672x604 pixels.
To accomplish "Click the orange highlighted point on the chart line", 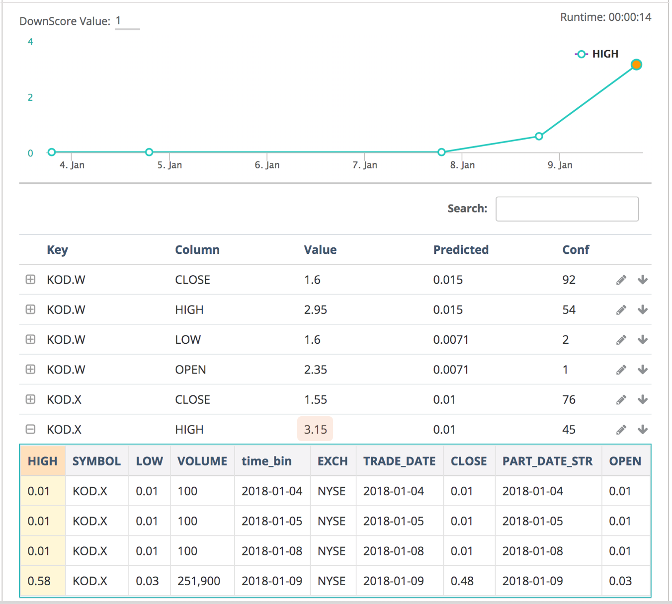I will point(636,65).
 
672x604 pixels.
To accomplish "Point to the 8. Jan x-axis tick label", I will point(462,165).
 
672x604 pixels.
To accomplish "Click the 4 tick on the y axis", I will point(30,42).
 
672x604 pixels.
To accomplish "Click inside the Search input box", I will point(567,209).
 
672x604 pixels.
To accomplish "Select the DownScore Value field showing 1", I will point(127,21).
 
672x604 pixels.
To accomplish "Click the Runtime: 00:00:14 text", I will point(605,17).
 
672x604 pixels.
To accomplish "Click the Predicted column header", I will point(460,250).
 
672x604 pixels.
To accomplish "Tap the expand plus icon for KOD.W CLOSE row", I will point(30,280).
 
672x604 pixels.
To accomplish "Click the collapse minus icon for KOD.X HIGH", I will point(30,429).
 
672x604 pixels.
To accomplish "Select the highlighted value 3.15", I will point(315,429).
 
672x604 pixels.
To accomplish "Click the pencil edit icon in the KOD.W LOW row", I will point(621,340).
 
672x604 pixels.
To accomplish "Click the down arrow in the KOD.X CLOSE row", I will point(643,399).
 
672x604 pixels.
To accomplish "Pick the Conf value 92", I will point(569,280).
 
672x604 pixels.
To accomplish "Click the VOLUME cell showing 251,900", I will point(199,581).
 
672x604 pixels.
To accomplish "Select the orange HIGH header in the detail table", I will point(43,461).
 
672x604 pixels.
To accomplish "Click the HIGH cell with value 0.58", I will point(39,581).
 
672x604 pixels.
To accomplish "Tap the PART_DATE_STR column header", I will point(547,461).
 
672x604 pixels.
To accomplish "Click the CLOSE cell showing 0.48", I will point(462,581).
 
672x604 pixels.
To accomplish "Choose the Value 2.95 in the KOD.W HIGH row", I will point(315,310).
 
